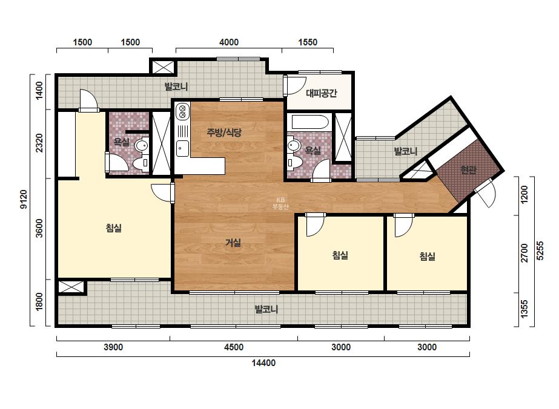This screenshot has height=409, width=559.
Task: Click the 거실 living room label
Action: pyautogui.click(x=233, y=243)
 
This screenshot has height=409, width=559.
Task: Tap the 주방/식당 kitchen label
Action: pyautogui.click(x=224, y=133)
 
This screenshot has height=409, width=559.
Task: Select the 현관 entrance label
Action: pyautogui.click(x=468, y=170)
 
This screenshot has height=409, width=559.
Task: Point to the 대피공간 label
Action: pyautogui.click(x=321, y=93)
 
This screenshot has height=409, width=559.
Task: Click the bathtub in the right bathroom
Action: pyautogui.click(x=310, y=122)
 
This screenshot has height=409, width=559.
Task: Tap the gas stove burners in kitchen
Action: pyautogui.click(x=183, y=111)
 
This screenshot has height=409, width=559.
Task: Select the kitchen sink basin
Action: pyautogui.click(x=182, y=148)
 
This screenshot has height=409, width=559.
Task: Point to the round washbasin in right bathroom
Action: pyautogui.click(x=294, y=145)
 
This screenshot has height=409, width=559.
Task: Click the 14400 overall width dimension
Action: pyautogui.click(x=263, y=363)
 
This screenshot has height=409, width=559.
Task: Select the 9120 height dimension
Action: pyautogui.click(x=24, y=199)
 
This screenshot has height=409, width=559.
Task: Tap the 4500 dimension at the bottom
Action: pyautogui.click(x=234, y=347)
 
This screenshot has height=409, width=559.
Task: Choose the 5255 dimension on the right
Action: pyautogui.click(x=540, y=250)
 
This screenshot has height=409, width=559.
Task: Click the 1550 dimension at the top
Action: pyautogui.click(x=308, y=42)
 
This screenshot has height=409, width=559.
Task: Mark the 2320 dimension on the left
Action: pyautogui.click(x=39, y=143)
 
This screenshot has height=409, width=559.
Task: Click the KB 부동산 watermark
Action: pyautogui.click(x=280, y=203)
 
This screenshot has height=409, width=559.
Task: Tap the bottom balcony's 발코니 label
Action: pyautogui.click(x=266, y=309)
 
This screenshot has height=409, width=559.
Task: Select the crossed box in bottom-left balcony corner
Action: pyautogui.click(x=71, y=287)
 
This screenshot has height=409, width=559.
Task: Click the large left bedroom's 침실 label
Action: pyautogui.click(x=114, y=227)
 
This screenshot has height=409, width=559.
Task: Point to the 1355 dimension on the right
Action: pyautogui.click(x=524, y=309)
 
